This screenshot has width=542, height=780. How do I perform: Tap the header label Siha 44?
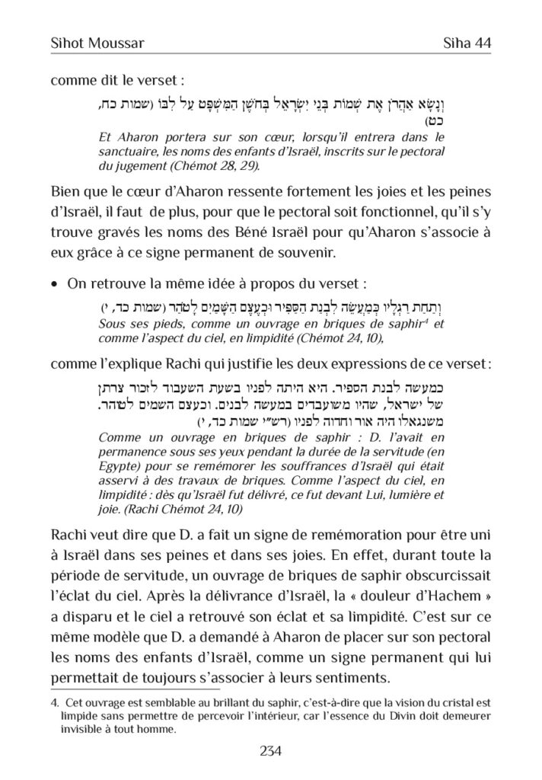pyautogui.click(x=464, y=43)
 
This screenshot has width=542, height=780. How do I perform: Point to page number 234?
pyautogui.click(x=271, y=751)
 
